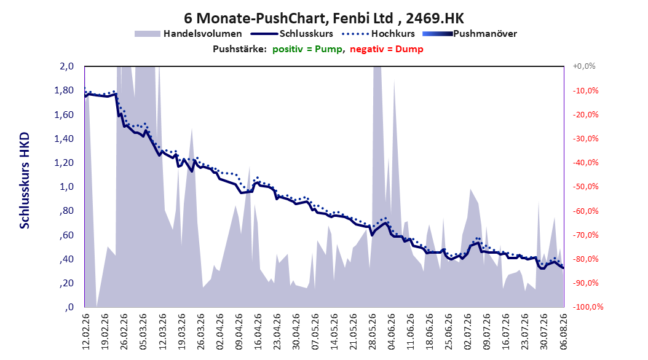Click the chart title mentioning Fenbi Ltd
(x=324, y=18)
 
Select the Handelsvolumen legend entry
(x=188, y=34)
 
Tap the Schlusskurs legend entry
(x=292, y=34)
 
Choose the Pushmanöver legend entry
(x=470, y=34)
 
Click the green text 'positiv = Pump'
(x=307, y=49)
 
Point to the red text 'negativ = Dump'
(x=387, y=49)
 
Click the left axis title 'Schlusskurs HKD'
(x=25, y=181)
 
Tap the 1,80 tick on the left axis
(x=64, y=90)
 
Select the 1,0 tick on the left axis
(x=67, y=187)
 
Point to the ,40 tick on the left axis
(x=66, y=259)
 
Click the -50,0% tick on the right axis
(x=585, y=187)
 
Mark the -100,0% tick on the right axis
(x=588, y=307)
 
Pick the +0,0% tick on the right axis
(x=584, y=66)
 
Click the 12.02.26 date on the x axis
(x=85, y=331)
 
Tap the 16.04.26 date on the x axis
(x=258, y=331)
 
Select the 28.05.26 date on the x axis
(x=373, y=331)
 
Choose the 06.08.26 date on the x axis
(x=563, y=331)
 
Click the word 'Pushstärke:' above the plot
(x=240, y=49)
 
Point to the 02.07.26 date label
(x=468, y=331)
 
